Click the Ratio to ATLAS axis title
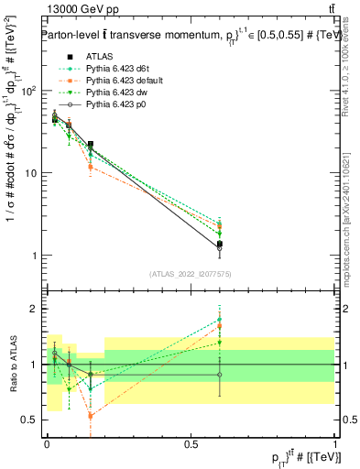tap(12, 364)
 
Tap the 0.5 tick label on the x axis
tap(191, 443)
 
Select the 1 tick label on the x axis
tap(334, 443)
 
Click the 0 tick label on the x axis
tap(47, 443)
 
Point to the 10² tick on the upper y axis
tap(31, 91)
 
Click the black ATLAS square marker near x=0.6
tap(220, 244)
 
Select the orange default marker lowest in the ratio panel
tap(91, 416)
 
